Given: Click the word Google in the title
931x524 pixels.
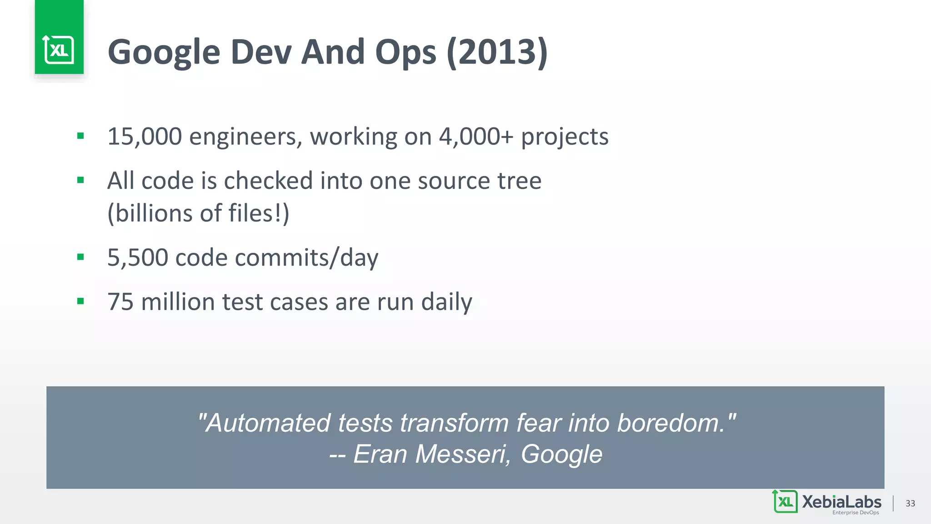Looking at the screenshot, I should click(x=164, y=53).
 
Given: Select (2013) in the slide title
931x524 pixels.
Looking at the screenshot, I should click(x=497, y=53).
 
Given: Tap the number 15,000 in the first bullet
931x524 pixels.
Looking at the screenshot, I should click(x=145, y=136).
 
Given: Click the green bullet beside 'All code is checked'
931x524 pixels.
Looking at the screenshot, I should click(x=80, y=180).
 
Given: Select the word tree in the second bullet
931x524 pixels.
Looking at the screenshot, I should click(x=519, y=181).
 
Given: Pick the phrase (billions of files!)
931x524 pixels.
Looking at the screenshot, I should click(x=198, y=213).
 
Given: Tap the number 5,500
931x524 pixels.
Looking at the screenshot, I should click(x=138, y=258).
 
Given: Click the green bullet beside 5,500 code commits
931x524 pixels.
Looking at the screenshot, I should click(x=80, y=257).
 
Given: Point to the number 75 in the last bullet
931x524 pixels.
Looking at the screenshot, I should click(x=120, y=302).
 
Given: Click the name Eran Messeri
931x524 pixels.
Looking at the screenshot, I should click(x=432, y=454).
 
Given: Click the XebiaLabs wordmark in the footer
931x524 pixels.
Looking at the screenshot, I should click(x=841, y=502).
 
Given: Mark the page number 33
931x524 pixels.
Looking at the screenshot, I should click(x=910, y=504).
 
